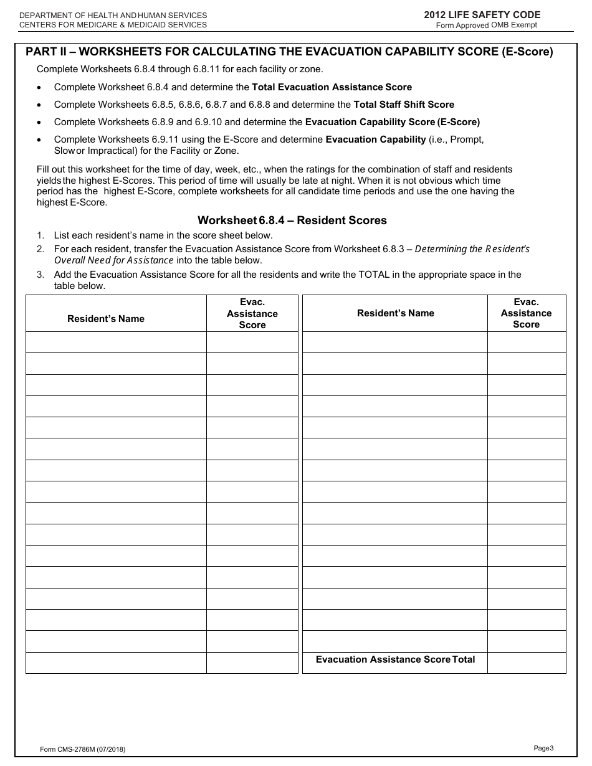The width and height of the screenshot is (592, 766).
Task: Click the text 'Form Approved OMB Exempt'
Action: [x=486, y=26]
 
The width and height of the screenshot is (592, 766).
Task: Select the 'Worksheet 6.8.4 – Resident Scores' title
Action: [x=292, y=220]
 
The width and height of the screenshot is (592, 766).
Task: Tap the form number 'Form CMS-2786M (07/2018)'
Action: [x=82, y=750]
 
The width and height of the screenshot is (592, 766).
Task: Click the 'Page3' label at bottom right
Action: [x=543, y=748]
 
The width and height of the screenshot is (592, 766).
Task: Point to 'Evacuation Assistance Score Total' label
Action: [x=395, y=660]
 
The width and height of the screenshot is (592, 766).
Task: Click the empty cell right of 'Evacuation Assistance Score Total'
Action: [x=527, y=663]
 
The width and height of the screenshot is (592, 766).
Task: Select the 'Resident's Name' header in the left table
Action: [x=106, y=319]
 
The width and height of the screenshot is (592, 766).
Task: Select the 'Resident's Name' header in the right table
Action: [x=396, y=313]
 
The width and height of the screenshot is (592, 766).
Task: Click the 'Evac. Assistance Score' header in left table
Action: [x=252, y=313]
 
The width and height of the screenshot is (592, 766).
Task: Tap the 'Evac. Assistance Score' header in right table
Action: [x=527, y=313]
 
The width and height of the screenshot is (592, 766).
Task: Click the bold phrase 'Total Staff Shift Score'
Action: [x=404, y=105]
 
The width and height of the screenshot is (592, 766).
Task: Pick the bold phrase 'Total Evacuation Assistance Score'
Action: [x=332, y=87]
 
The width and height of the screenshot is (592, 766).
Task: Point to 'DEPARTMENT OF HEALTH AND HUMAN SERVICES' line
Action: [x=113, y=15]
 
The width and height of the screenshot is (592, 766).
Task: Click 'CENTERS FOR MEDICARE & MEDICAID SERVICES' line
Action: [x=113, y=25]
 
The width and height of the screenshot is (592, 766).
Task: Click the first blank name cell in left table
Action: [x=116, y=342]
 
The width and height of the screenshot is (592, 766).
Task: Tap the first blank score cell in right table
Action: [x=527, y=342]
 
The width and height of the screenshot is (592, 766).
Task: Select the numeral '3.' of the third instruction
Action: [x=40, y=275]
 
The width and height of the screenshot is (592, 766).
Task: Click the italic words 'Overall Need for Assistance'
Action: [x=114, y=260]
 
